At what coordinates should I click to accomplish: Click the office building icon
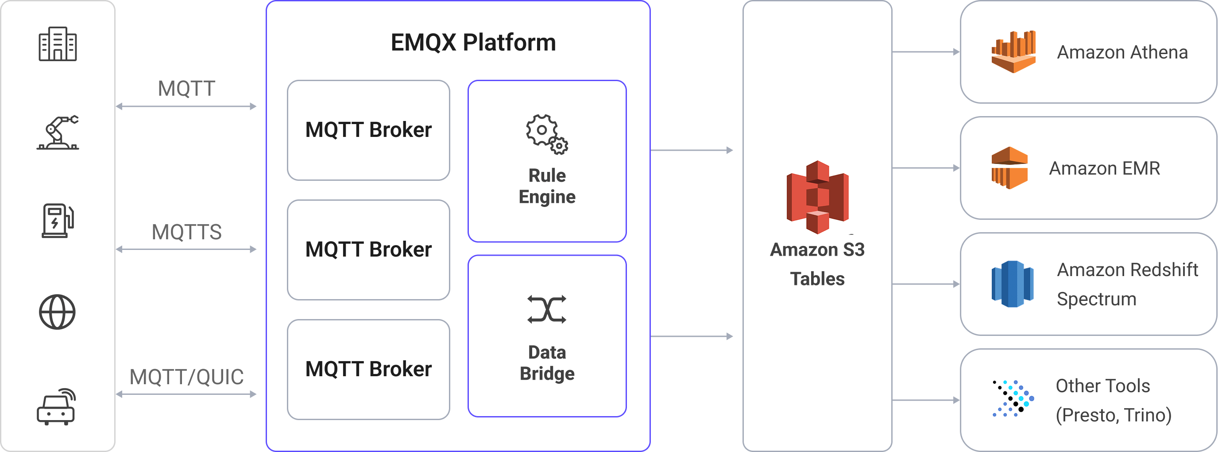(57, 44)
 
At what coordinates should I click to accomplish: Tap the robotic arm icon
(58, 132)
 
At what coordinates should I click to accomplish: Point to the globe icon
(57, 312)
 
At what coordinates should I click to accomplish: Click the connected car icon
(57, 407)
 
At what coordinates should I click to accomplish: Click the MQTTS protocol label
(186, 232)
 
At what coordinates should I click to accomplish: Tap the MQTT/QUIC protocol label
(186, 377)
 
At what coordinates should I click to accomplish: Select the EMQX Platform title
(473, 43)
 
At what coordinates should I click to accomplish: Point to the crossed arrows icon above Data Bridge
(547, 310)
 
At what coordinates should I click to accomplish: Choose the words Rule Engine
(547, 186)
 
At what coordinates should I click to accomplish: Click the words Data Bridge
(547, 363)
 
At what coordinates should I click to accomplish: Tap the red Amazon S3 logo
(817, 197)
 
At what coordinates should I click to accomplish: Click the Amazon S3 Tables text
(817, 264)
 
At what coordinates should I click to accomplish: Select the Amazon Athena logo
(1013, 51)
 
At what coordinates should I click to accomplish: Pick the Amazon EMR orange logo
(1009, 168)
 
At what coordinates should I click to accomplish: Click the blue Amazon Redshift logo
(1012, 284)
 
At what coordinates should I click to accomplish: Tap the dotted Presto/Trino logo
(1013, 398)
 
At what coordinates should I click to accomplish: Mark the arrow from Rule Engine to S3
(691, 151)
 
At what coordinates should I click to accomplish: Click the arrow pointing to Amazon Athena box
(925, 51)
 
